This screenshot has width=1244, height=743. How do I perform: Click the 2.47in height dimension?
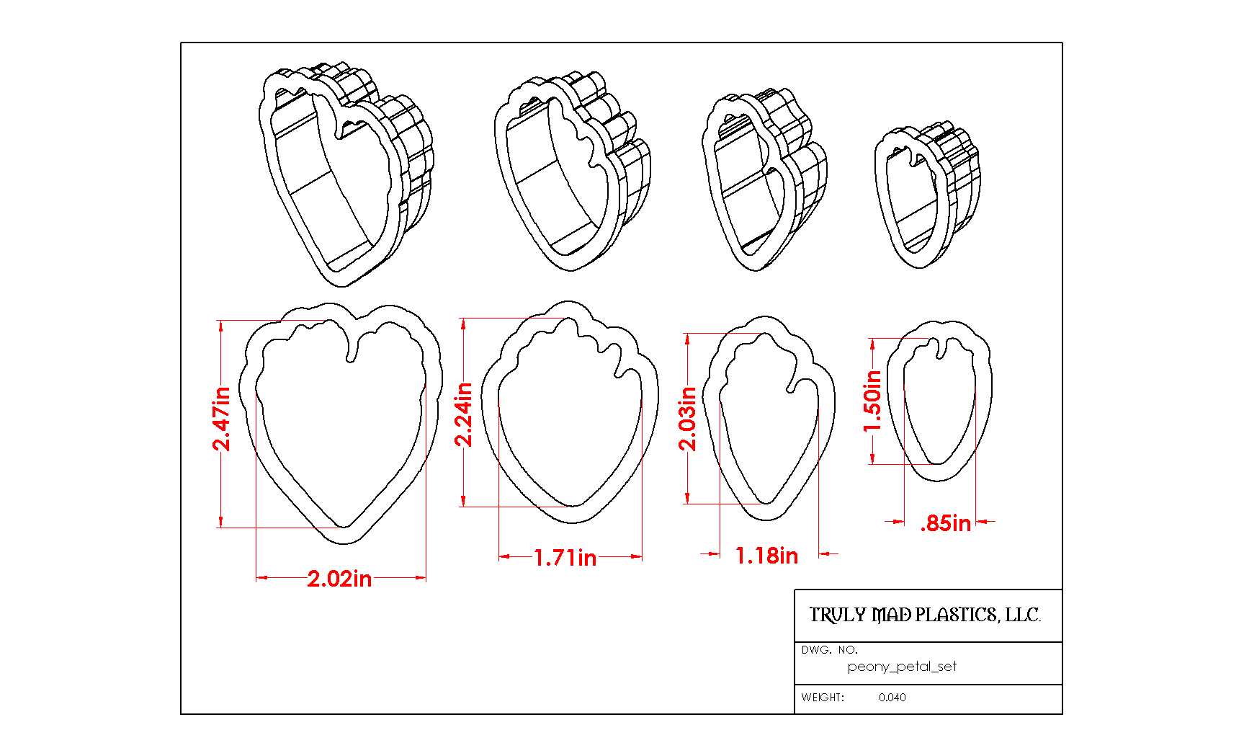pyautogui.click(x=221, y=419)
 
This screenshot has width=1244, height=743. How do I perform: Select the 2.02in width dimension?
pyautogui.click(x=339, y=579)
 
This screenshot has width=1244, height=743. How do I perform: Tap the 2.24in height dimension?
pyautogui.click(x=464, y=414)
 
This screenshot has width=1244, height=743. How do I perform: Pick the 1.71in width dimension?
pyautogui.click(x=565, y=558)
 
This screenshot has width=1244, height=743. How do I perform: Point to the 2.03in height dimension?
pyautogui.click(x=688, y=419)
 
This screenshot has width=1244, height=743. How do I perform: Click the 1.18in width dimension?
pyautogui.click(x=766, y=556)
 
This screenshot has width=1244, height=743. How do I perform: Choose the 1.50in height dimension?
pyautogui.click(x=872, y=401)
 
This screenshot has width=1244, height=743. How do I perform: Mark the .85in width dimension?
pyautogui.click(x=946, y=523)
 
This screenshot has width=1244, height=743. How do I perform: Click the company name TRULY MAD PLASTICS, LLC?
pyautogui.click(x=925, y=615)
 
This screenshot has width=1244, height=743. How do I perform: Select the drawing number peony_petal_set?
pyautogui.click(x=902, y=667)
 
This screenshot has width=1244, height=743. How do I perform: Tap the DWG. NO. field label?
pyautogui.click(x=829, y=650)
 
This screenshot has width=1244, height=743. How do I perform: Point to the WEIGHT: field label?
pyautogui.click(x=823, y=698)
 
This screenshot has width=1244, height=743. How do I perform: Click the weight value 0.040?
pyautogui.click(x=892, y=698)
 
